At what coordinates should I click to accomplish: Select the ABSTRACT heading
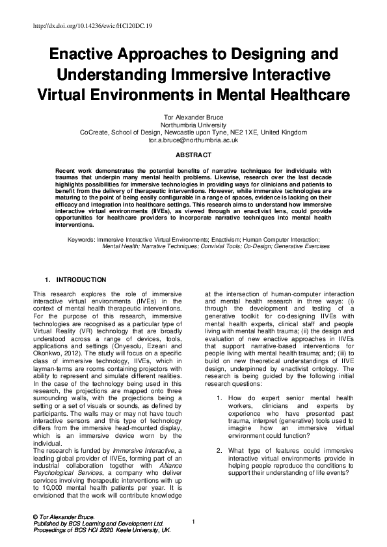pos(193,155)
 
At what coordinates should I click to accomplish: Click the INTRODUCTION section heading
pos(81,280)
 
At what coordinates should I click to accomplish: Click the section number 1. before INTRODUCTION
pos(47,280)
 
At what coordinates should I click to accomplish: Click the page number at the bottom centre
pos(194,522)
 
